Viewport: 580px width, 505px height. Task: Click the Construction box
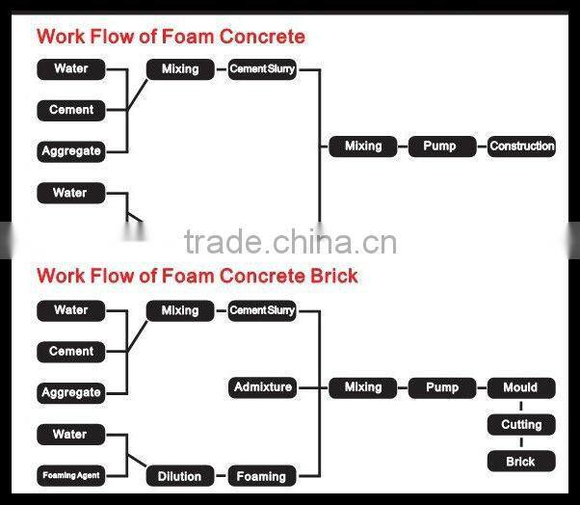pyautogui.click(x=521, y=146)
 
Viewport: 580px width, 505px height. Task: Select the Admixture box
pyautogui.click(x=262, y=387)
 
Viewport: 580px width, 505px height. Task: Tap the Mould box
pyautogui.click(x=521, y=387)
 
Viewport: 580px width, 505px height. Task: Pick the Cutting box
pyautogui.click(x=521, y=425)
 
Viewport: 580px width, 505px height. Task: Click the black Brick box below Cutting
pyautogui.click(x=521, y=462)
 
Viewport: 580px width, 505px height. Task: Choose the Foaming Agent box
pyautogui.click(x=70, y=475)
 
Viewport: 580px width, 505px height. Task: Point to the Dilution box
pyautogui.click(x=180, y=476)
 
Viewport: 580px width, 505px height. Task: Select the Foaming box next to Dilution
pyautogui.click(x=262, y=476)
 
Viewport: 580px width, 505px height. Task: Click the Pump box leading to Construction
pyautogui.click(x=441, y=146)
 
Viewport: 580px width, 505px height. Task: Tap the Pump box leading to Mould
pyautogui.click(x=441, y=387)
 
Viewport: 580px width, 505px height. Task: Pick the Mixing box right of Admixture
pyautogui.click(x=362, y=387)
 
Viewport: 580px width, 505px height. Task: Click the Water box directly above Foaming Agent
pyautogui.click(x=70, y=435)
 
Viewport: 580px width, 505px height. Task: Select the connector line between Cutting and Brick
pyautogui.click(x=521, y=443)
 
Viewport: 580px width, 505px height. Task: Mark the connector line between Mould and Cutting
pyautogui.click(x=521, y=406)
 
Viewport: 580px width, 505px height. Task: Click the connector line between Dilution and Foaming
pyautogui.click(x=221, y=476)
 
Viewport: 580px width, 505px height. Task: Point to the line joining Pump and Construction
pyautogui.click(x=481, y=146)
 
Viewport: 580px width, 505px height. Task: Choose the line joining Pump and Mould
pyautogui.click(x=481, y=387)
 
